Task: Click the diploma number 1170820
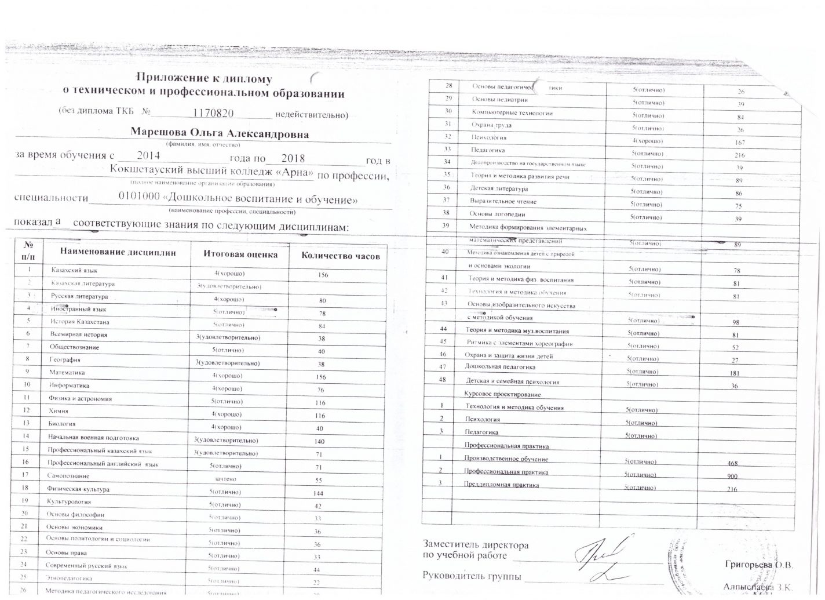(213, 112)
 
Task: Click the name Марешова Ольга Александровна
(220, 134)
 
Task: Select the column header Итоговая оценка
(240, 254)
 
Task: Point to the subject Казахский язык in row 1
(75, 271)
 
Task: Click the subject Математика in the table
(67, 373)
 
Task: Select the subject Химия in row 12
(59, 411)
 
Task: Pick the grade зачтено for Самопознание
(225, 479)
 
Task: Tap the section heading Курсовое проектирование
(503, 395)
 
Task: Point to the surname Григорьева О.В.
(758, 564)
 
